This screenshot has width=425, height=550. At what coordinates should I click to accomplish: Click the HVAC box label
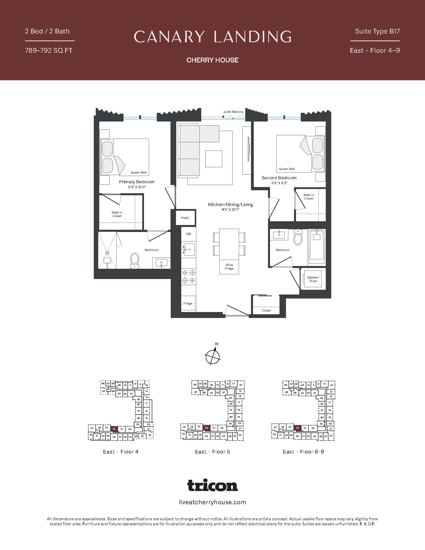[x=185, y=218]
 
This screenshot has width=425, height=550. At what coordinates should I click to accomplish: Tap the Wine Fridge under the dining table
[x=229, y=267]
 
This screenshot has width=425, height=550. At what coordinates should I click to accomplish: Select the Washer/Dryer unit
[x=313, y=279]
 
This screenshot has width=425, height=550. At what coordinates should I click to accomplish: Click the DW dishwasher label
[x=188, y=234]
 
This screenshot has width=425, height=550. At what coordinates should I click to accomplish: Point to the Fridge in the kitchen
[x=188, y=303]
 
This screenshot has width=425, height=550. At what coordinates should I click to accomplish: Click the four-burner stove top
[x=188, y=276]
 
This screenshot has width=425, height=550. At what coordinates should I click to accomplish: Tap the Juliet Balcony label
[x=233, y=111]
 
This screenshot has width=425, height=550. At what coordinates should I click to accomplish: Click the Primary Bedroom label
[x=137, y=182]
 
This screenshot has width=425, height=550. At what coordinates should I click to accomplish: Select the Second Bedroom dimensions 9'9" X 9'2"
[x=279, y=183]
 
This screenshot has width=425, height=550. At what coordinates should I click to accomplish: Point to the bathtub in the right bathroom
[x=316, y=247]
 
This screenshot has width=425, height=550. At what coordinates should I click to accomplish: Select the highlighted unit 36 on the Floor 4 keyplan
[x=114, y=429]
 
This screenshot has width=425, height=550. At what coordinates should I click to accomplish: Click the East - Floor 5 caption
[x=212, y=451]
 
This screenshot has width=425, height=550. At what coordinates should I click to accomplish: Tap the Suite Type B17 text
[x=377, y=31]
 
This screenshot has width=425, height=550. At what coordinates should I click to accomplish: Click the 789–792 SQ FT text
[x=48, y=50]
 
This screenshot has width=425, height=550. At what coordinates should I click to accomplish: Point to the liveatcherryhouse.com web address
[x=212, y=502]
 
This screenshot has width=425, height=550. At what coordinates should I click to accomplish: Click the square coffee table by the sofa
[x=213, y=159]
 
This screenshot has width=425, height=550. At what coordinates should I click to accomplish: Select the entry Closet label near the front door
[x=266, y=310]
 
